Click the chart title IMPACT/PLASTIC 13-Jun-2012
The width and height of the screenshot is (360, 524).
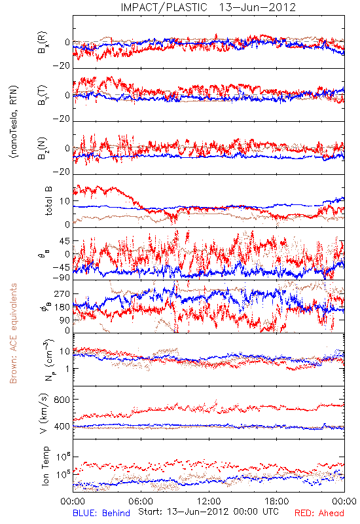[208, 7]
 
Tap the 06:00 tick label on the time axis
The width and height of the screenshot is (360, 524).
[141, 501]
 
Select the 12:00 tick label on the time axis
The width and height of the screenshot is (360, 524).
[209, 501]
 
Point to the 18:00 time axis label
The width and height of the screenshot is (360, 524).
[277, 501]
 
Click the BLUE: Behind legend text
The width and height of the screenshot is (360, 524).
[101, 513]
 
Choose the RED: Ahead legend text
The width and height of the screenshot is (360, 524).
[319, 513]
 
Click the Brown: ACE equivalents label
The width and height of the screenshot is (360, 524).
[13, 333]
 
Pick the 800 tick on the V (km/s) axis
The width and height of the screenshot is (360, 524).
[62, 400]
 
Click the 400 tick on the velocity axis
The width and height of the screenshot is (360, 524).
[62, 426]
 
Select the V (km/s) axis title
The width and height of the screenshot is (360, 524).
[44, 413]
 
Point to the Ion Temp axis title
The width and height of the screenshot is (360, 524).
[45, 466]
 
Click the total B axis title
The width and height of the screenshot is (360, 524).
[48, 201]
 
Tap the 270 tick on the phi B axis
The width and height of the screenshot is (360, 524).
[62, 293]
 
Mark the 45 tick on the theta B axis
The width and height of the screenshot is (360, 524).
[64, 241]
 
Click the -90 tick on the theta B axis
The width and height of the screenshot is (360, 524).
[62, 277]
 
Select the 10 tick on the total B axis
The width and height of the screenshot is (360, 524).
[65, 201]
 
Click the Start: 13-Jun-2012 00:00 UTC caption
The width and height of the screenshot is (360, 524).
[209, 512]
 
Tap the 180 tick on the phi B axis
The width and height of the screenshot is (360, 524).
[62, 307]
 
